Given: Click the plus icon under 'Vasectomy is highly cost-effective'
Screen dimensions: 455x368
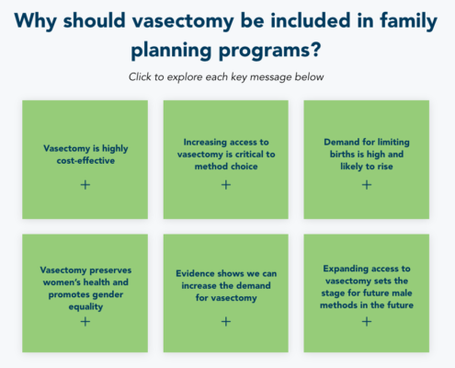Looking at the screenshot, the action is pyautogui.click(x=85, y=185).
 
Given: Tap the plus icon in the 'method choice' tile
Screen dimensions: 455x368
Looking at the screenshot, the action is pyautogui.click(x=226, y=185).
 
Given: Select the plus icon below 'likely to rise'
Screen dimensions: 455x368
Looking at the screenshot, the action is pyautogui.click(x=367, y=185).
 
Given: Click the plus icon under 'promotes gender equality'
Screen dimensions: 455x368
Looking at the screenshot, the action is pyautogui.click(x=85, y=321).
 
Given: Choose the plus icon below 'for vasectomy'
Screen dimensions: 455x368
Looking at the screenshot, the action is pyautogui.click(x=226, y=321).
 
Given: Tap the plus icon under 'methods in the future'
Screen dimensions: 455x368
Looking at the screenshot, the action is pyautogui.click(x=367, y=321).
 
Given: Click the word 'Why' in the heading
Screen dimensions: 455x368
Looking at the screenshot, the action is pyautogui.click(x=36, y=21).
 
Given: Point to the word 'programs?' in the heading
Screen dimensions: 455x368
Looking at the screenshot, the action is pyautogui.click(x=269, y=50).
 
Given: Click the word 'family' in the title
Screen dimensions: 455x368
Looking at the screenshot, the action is pyautogui.click(x=408, y=21).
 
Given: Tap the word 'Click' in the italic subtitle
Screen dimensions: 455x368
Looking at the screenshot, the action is pyautogui.click(x=141, y=76).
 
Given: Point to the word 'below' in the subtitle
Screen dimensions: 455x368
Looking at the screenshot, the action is pyautogui.click(x=309, y=76).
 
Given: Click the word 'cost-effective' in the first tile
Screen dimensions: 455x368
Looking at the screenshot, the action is pyautogui.click(x=85, y=160).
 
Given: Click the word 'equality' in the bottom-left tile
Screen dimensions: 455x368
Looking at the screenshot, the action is pyautogui.click(x=85, y=306).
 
